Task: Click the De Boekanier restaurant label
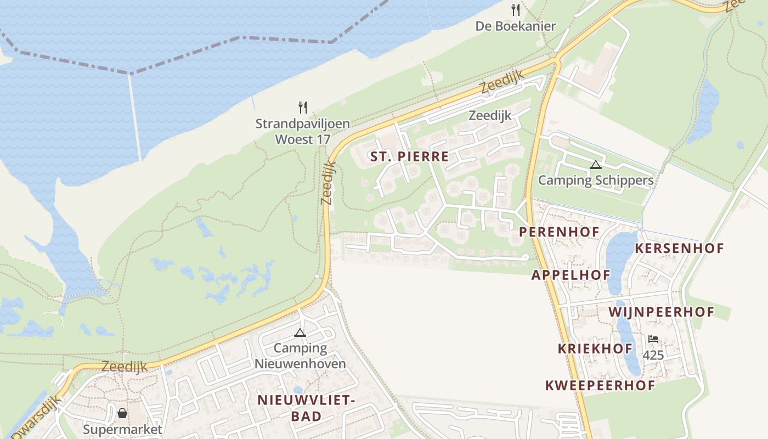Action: [x=515, y=26]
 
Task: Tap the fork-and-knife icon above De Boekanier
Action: [x=515, y=10]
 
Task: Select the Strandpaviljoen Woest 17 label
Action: [x=302, y=131]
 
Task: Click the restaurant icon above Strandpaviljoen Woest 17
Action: [x=302, y=107]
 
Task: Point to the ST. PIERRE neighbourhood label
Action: [x=409, y=156]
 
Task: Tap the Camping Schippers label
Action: [x=596, y=180]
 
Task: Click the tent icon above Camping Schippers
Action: [x=596, y=164]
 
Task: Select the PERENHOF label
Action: [x=559, y=232]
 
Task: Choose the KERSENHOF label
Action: [x=679, y=248]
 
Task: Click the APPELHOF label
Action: [x=571, y=275]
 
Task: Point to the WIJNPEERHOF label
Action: [x=662, y=312]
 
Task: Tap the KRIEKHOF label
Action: [x=595, y=348]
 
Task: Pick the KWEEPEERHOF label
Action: [x=600, y=385]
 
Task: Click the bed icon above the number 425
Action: [x=653, y=339]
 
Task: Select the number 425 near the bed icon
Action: [x=653, y=355]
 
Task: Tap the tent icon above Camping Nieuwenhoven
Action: [x=300, y=333]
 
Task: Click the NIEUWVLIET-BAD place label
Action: [x=306, y=408]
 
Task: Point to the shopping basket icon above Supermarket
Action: [x=122, y=413]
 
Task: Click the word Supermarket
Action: [x=122, y=429]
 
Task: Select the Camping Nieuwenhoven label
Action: [x=300, y=356]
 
